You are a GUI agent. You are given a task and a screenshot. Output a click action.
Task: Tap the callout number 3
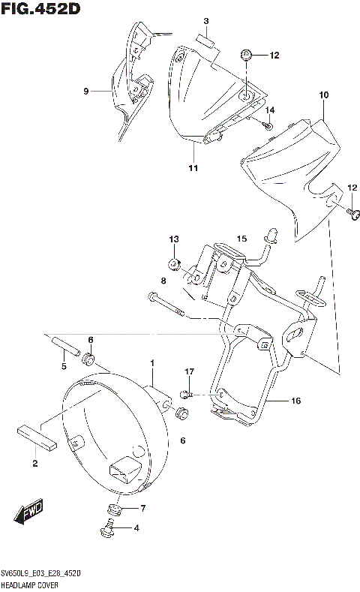click(x=205, y=20)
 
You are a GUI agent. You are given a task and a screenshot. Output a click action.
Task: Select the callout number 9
click(x=86, y=91)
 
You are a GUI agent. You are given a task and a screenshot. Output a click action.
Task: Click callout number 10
click(x=323, y=95)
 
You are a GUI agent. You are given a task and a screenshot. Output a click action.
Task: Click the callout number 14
click(x=271, y=111)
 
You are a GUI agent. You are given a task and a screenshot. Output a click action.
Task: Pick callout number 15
click(x=241, y=239)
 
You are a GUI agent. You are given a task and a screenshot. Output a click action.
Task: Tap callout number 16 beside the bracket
click(x=295, y=401)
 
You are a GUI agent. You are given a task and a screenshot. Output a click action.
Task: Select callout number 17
click(x=190, y=371)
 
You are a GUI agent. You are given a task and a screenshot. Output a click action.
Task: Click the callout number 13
click(x=174, y=239)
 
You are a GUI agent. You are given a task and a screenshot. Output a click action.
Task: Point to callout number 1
click(x=151, y=364)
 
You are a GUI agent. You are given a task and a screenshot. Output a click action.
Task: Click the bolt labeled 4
click(x=107, y=532)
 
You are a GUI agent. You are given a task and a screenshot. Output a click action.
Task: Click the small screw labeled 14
click(x=268, y=125)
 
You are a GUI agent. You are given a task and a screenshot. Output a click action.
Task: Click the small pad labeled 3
click(x=205, y=41)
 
